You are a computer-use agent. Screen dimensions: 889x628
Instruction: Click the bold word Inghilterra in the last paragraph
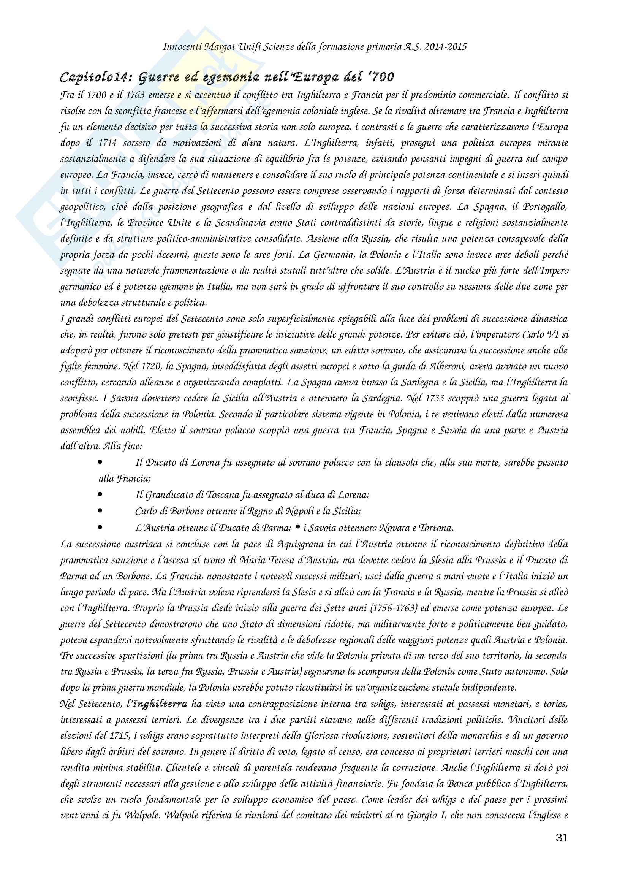160,704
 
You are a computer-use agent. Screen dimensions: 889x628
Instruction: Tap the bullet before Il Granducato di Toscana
100,494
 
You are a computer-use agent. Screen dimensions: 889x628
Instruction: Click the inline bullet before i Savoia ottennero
297,527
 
